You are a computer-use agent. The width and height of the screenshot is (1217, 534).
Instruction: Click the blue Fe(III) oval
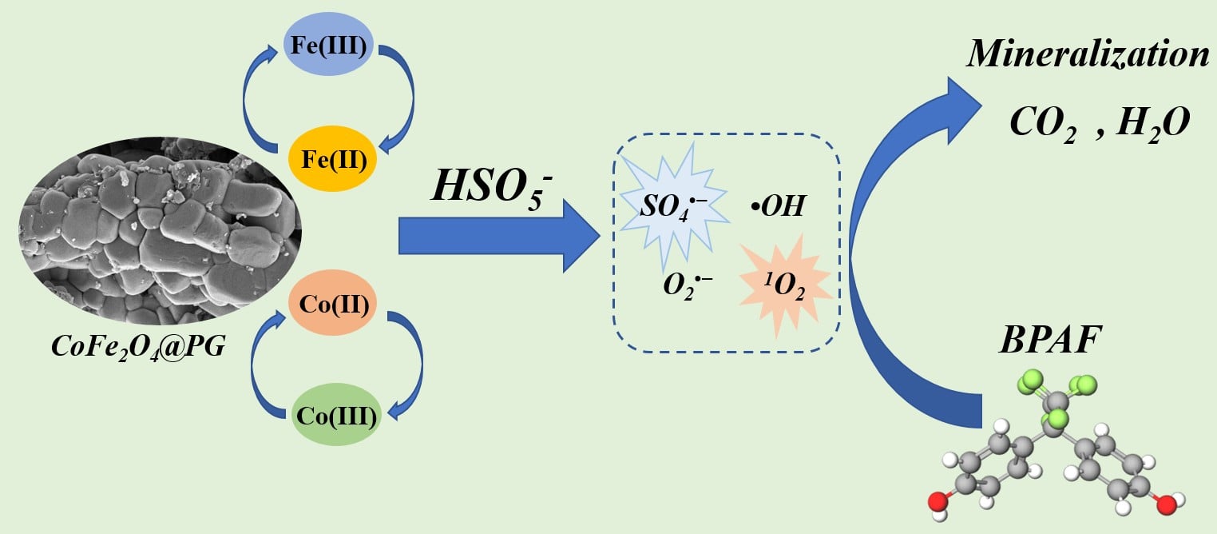pos(328,44)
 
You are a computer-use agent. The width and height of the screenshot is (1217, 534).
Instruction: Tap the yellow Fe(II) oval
pos(332,159)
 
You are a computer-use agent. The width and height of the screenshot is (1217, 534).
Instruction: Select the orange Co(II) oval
pos(332,302)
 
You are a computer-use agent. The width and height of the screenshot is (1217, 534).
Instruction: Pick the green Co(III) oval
pos(335,415)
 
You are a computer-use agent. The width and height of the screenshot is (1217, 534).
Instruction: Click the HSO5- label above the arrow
pos(492,188)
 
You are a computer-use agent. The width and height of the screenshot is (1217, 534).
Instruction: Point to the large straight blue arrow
pos(499,236)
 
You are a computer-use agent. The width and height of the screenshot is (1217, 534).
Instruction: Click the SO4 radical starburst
pos(674,206)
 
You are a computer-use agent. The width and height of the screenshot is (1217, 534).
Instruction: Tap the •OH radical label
pos(778,206)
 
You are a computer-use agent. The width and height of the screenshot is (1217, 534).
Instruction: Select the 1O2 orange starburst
pos(785,285)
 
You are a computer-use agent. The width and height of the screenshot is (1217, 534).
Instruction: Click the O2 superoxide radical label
pos(688,285)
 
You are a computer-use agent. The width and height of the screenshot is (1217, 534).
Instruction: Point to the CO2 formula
pos(1043,124)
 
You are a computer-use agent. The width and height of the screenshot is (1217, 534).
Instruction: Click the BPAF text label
pos(1050,341)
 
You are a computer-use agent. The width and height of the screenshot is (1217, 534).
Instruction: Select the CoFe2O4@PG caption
pos(138,346)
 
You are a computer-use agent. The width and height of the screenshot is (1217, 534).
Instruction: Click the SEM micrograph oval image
pos(160,231)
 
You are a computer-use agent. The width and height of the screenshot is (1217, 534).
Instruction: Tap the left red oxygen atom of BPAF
pos(938,501)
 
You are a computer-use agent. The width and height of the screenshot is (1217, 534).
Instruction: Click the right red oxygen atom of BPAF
pos(1166,504)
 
